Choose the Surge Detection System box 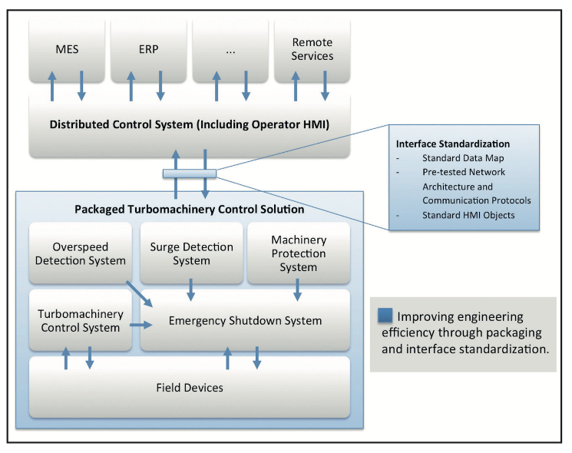(x=190, y=253)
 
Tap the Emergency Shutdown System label (x=245, y=320)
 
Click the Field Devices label (x=190, y=388)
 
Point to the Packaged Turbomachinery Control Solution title (x=190, y=209)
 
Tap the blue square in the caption (x=386, y=315)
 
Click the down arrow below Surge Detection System (x=190, y=289)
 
